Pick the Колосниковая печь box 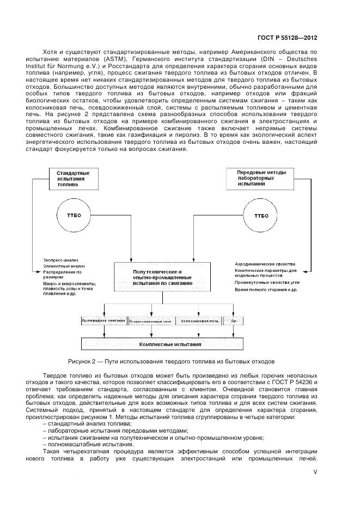point(200,321)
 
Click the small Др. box point(233,321)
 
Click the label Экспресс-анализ point(60,260)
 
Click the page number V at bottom point(315,473)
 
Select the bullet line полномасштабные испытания point(73,444)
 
